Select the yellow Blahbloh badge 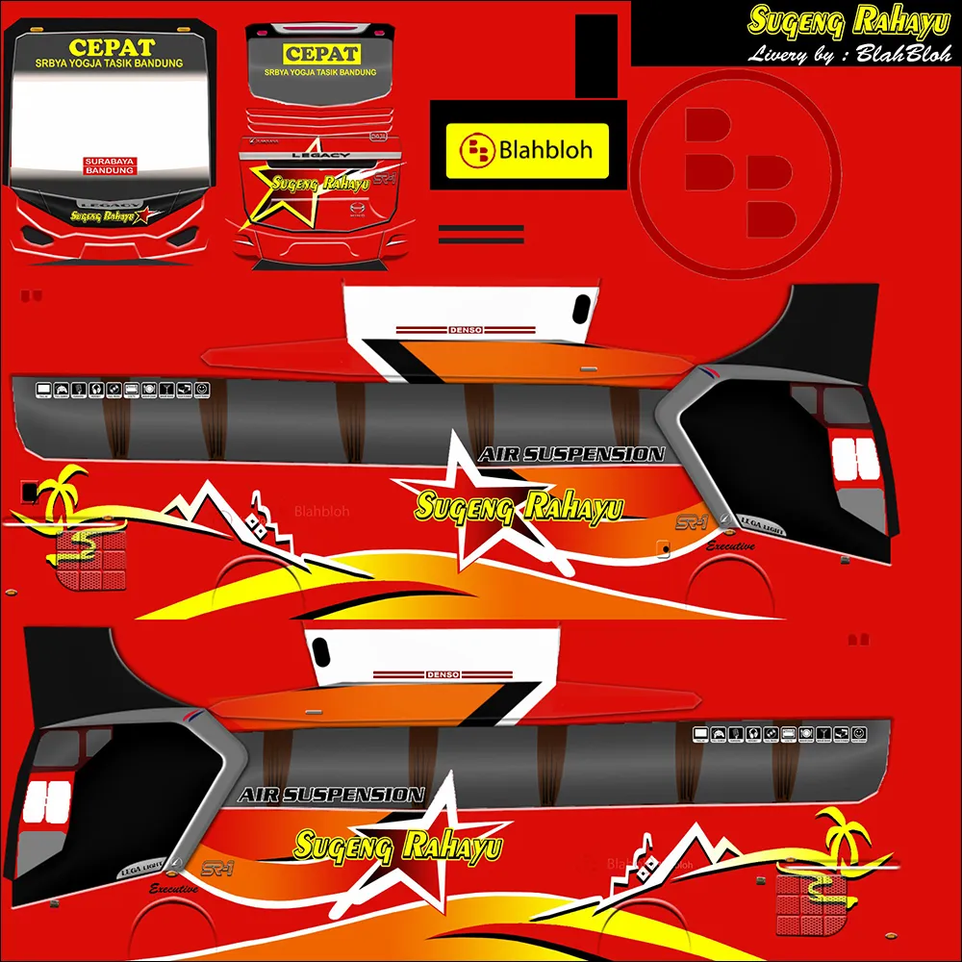click(x=527, y=150)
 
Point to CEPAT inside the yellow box click(x=321, y=54)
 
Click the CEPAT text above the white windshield click(x=112, y=47)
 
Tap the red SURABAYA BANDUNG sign click(x=111, y=165)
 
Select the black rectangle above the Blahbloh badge click(x=595, y=56)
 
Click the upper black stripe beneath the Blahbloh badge click(x=481, y=229)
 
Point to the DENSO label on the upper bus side click(x=468, y=330)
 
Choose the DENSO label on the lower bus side click(x=443, y=674)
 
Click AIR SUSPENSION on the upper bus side click(x=571, y=454)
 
